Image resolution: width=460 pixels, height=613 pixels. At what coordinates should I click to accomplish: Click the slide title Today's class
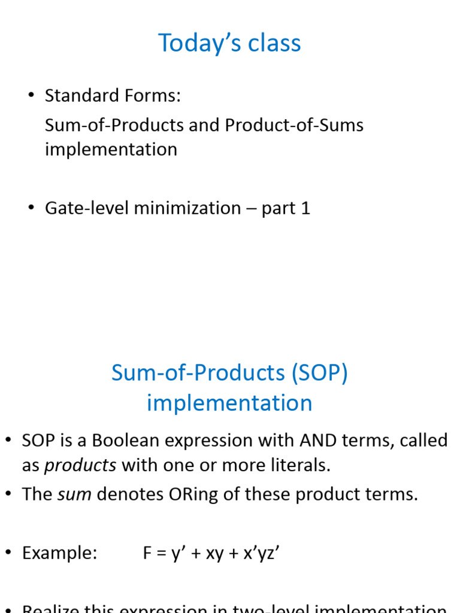[x=229, y=43]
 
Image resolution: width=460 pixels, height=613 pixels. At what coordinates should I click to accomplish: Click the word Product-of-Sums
[x=294, y=126]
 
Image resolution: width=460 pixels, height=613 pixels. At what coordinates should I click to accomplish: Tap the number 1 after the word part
[x=306, y=208]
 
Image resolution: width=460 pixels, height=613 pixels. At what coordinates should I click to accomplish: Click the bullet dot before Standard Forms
[x=31, y=96]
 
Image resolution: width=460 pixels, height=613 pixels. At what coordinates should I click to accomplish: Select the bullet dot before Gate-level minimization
[x=31, y=208]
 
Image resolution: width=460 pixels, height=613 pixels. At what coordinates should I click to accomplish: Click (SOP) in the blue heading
[x=320, y=373]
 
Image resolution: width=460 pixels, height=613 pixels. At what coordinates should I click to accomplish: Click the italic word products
[x=80, y=466]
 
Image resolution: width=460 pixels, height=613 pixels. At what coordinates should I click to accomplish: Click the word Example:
[x=59, y=553]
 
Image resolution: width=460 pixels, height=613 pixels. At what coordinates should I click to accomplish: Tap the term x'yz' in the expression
[x=258, y=553]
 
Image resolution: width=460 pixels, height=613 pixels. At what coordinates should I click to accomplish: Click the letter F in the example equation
[x=147, y=553]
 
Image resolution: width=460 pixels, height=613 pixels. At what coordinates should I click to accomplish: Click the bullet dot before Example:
[x=8, y=553]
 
